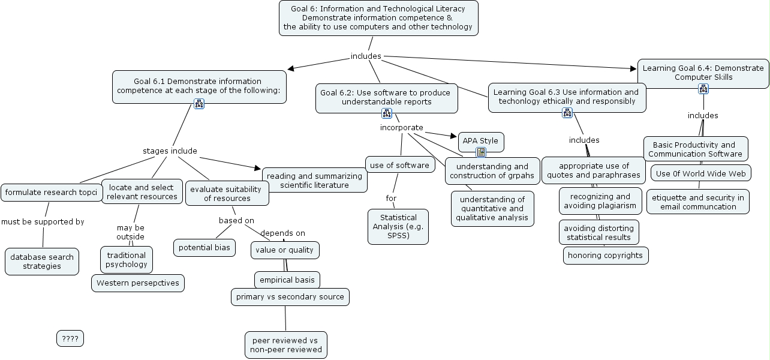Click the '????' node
point(70,339)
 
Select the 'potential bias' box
point(204,247)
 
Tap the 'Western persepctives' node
point(138,283)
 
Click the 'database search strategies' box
point(42,262)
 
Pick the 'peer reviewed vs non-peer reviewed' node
point(286,345)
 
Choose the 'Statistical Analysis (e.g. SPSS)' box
point(398,226)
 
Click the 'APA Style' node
point(480,142)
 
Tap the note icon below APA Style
point(481,152)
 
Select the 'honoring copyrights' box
point(606,256)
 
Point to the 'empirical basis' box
point(287,280)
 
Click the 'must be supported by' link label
point(43,222)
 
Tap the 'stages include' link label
point(170,151)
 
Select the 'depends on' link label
point(282,233)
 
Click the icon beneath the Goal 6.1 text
point(200,103)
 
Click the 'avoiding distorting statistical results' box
point(598,232)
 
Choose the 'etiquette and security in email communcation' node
point(698,202)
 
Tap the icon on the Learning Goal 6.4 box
point(703,89)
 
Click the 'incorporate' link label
point(402,128)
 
